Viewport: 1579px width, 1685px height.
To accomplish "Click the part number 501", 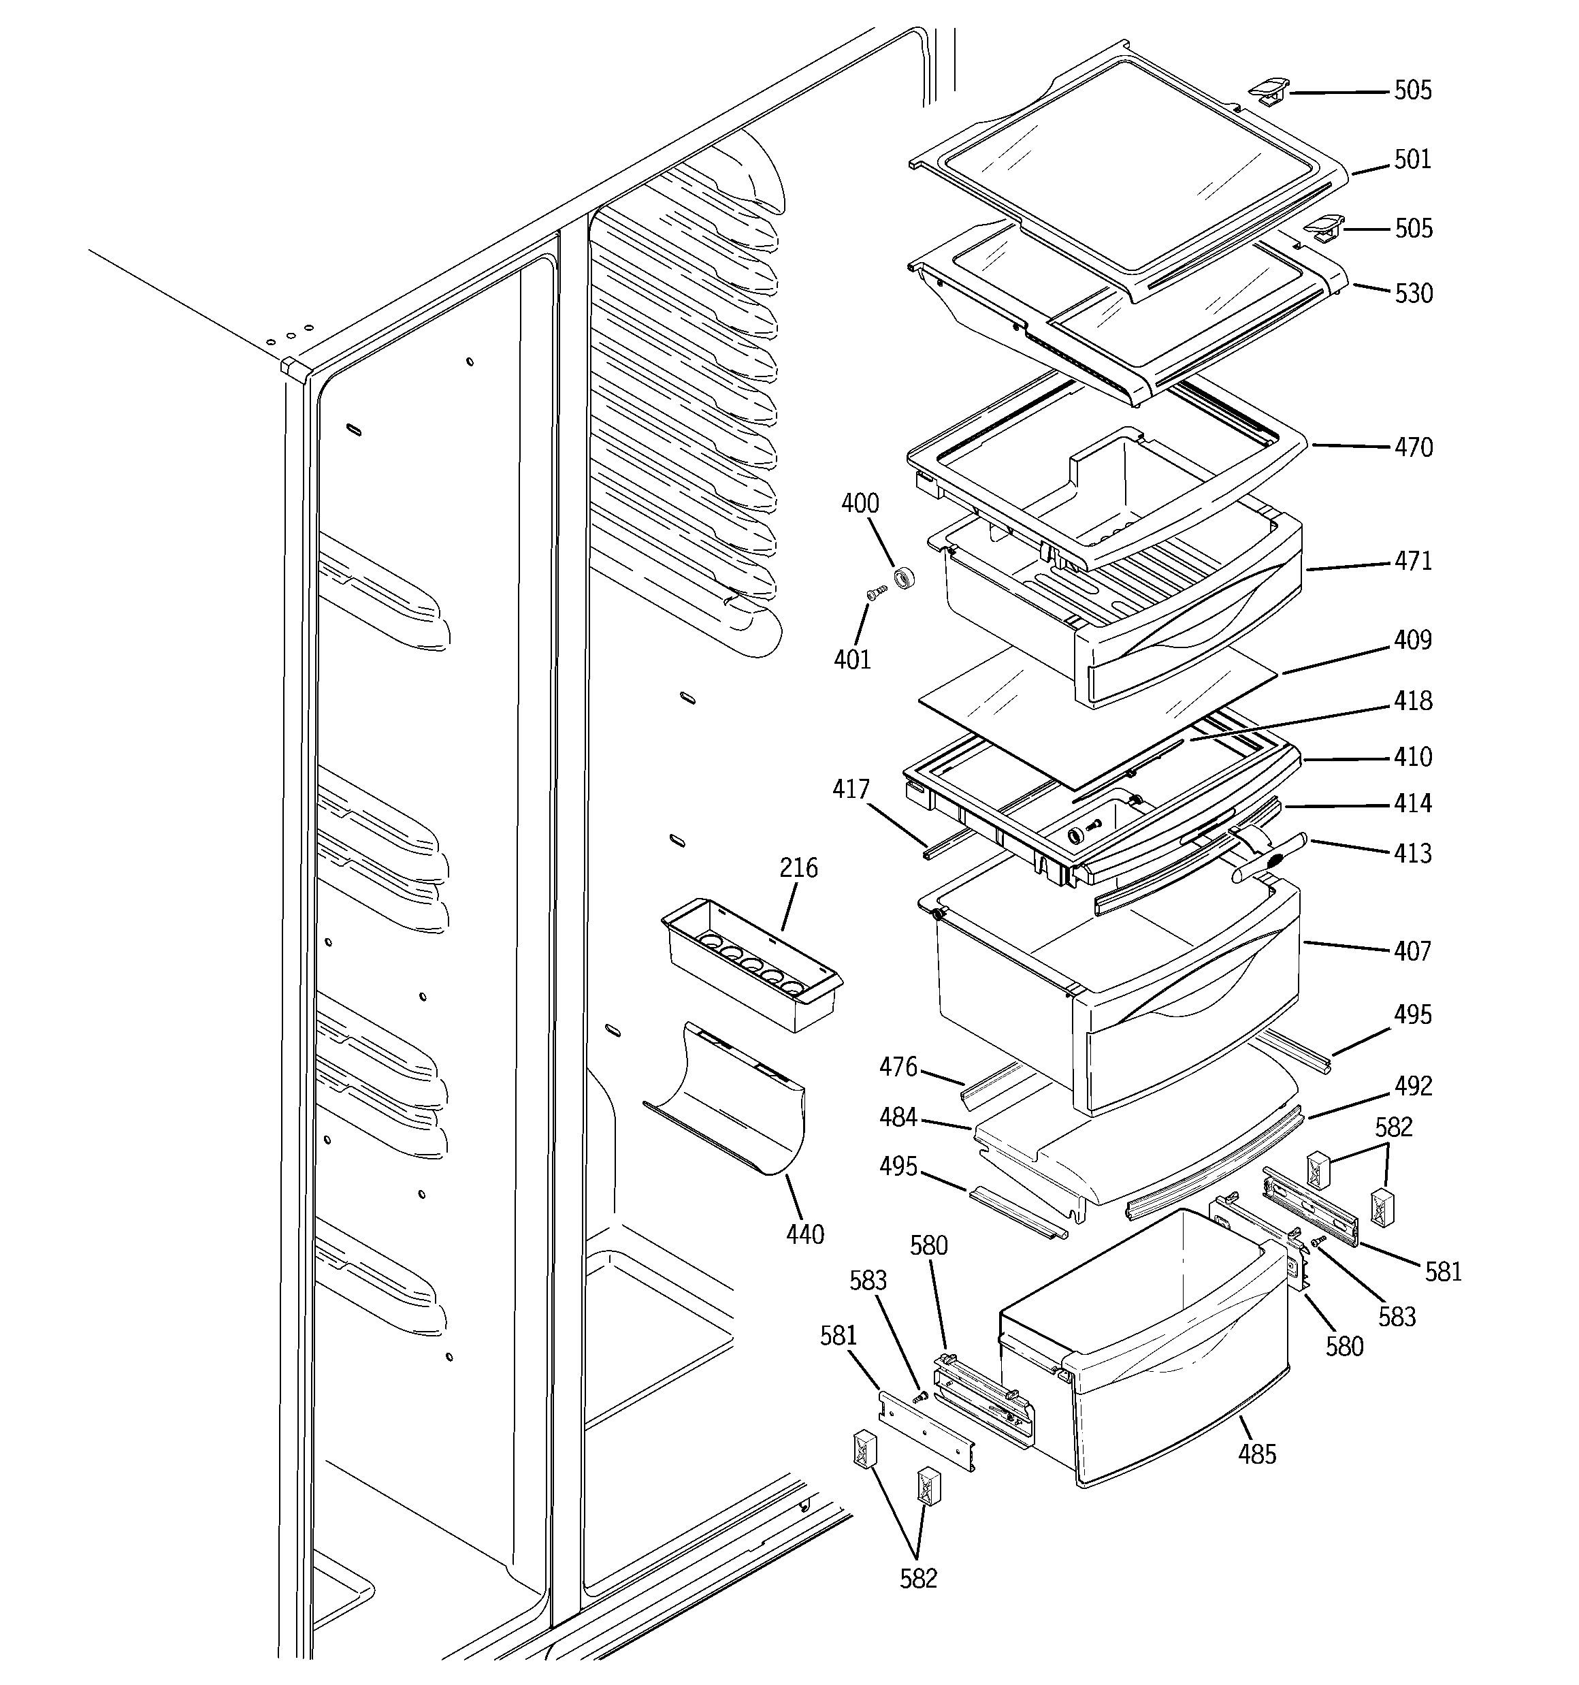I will pos(1412,159).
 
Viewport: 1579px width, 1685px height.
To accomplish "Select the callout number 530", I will pos(1413,293).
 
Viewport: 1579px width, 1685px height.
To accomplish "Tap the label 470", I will pos(1413,447).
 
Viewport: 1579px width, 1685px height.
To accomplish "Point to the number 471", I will pos(1413,560).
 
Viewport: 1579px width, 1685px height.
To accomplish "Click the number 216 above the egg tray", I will pos(798,867).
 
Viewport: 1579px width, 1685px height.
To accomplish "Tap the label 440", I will pos(804,1234).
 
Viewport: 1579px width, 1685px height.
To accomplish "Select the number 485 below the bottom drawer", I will pos(1256,1454).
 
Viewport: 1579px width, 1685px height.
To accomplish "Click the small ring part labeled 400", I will pos(905,579).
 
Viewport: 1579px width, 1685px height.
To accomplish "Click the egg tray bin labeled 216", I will pos(750,966).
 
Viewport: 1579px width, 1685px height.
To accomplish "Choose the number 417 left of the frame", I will pos(851,789).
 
